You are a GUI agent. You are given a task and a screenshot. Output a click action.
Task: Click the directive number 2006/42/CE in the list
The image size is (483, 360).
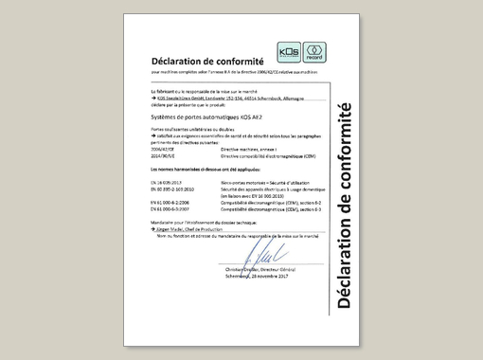point(165,149)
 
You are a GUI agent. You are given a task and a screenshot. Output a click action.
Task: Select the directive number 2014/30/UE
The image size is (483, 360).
point(165,154)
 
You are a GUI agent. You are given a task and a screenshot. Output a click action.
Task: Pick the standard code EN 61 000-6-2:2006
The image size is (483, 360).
point(171,202)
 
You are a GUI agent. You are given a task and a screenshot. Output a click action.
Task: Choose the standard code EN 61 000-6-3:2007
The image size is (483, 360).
point(171,208)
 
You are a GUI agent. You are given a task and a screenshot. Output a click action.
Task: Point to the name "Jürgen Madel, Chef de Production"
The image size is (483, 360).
point(189,230)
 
